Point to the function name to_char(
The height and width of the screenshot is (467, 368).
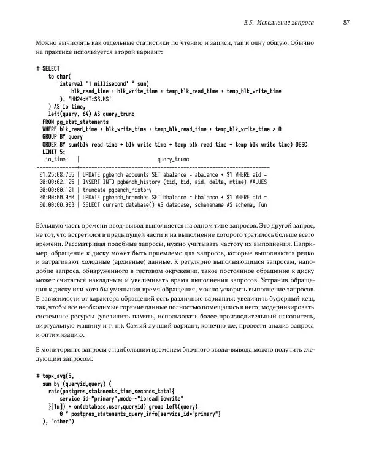tap(61, 76)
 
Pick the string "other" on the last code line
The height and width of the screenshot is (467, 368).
tap(63, 421)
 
